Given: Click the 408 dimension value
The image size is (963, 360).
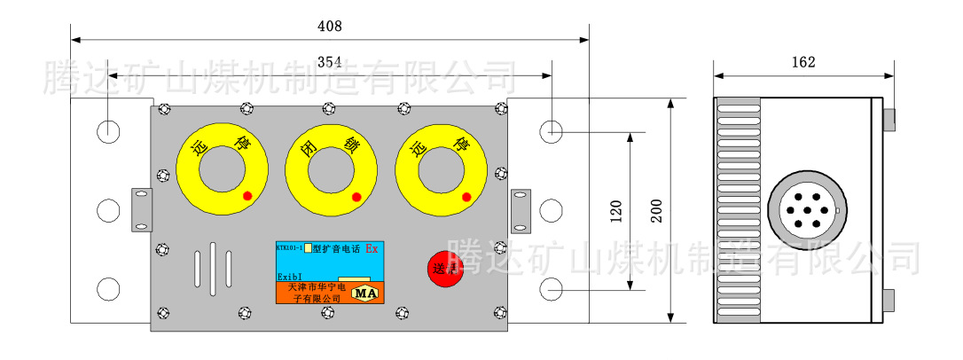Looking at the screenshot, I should (x=329, y=27).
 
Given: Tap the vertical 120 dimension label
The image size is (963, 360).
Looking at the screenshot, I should (x=617, y=210).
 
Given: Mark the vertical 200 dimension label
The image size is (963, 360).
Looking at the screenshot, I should (x=656, y=210).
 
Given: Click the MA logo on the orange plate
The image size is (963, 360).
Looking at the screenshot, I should (x=364, y=292).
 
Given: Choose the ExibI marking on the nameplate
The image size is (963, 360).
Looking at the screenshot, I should (x=290, y=277).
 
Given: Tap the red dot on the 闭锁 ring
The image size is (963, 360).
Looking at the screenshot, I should (x=356, y=197).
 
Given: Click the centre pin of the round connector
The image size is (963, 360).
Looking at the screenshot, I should (x=803, y=211).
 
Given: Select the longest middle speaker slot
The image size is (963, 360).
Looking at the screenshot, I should (x=213, y=267).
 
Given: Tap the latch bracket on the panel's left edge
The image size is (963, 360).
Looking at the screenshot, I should (x=142, y=209).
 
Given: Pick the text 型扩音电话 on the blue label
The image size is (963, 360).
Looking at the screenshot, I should (x=337, y=249).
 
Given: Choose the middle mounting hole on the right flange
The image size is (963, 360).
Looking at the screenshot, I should (x=551, y=210).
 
